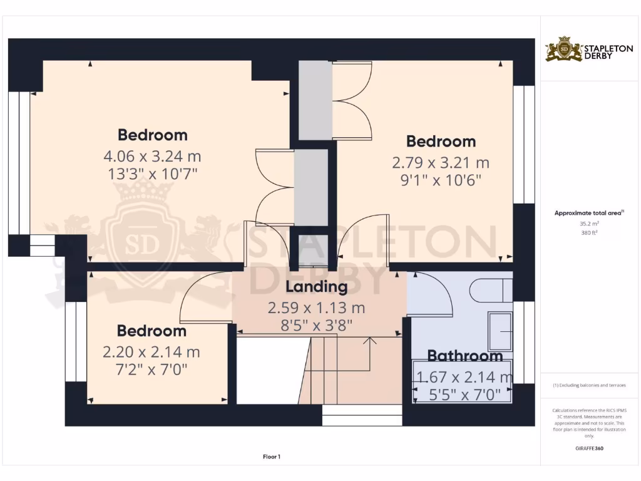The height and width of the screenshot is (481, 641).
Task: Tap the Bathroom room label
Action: click(464, 356)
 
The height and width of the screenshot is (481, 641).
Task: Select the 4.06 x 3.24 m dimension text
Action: click(152, 156)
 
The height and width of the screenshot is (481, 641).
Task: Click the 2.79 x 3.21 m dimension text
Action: click(441, 163)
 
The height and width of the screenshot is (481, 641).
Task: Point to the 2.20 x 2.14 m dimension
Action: click(151, 352)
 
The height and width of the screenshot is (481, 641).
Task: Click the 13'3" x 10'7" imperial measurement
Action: click(152, 173)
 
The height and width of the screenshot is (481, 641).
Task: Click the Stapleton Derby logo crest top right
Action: click(564, 49)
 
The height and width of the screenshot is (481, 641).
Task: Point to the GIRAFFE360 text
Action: click(588, 448)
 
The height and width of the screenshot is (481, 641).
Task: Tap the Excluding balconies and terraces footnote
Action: click(588, 385)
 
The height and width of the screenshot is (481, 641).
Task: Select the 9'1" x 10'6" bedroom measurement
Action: click(441, 180)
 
